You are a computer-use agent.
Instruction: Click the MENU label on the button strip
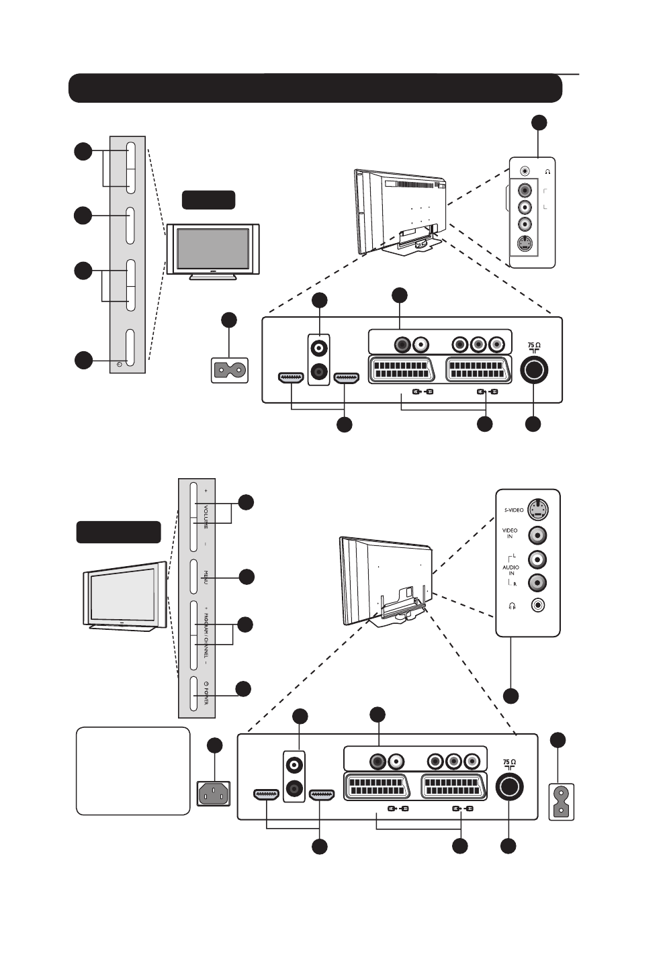pyautogui.click(x=206, y=576)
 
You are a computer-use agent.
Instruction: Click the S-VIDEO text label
pyautogui.click(x=514, y=510)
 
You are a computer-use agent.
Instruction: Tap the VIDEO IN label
pyautogui.click(x=510, y=534)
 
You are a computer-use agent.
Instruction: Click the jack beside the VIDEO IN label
pyautogui.click(x=537, y=535)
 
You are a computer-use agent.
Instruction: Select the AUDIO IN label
pyautogui.click(x=511, y=570)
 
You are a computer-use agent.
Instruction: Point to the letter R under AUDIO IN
pyautogui.click(x=515, y=584)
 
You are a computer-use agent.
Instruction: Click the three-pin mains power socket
pyautogui.click(x=213, y=794)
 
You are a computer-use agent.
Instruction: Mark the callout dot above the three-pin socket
pyautogui.click(x=214, y=745)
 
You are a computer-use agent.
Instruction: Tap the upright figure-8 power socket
pyautogui.click(x=562, y=802)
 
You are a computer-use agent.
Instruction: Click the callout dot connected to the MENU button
pyautogui.click(x=247, y=576)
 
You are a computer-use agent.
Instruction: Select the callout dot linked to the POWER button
pyautogui.click(x=243, y=688)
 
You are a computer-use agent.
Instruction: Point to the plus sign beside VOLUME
pyautogui.click(x=206, y=491)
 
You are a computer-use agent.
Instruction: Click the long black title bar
pyautogui.click(x=315, y=88)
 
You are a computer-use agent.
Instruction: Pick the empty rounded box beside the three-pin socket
pyautogui.click(x=133, y=771)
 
